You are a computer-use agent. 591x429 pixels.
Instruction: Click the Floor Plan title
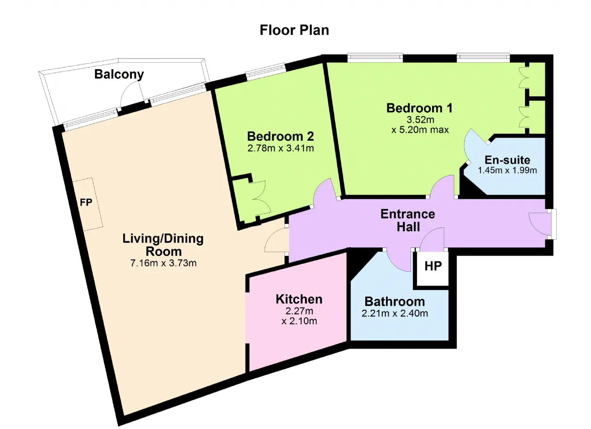click(x=294, y=30)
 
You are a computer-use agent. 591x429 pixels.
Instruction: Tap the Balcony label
click(x=119, y=74)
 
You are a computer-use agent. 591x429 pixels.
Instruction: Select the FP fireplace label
click(x=86, y=203)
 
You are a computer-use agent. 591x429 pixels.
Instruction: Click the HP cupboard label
click(x=433, y=266)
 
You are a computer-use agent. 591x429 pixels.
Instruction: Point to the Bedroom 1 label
click(x=420, y=108)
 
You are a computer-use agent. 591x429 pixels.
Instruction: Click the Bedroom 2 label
click(x=280, y=136)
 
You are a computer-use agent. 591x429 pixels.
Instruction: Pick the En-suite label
click(x=507, y=160)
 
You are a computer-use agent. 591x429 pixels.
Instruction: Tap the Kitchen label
click(x=299, y=299)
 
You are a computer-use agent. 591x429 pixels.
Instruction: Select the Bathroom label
click(x=395, y=302)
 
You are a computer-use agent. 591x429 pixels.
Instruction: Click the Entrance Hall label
click(x=408, y=220)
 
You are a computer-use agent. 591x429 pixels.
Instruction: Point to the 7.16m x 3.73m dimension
click(x=163, y=263)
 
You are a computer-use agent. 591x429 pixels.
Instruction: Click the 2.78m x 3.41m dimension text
click(x=280, y=149)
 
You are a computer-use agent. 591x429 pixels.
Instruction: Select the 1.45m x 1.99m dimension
click(x=507, y=170)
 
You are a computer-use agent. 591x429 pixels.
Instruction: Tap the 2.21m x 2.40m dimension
click(x=395, y=313)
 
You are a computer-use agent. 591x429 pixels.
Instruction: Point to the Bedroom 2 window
click(x=266, y=71)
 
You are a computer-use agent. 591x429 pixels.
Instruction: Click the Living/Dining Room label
click(x=163, y=245)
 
